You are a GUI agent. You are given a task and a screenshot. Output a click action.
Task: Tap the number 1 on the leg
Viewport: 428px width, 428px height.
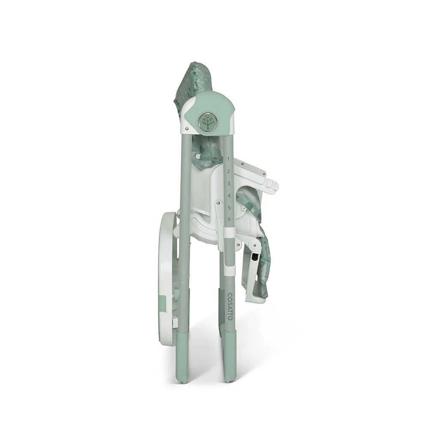[x=228, y=159]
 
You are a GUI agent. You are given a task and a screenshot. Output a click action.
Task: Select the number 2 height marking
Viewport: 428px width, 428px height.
[x=229, y=171]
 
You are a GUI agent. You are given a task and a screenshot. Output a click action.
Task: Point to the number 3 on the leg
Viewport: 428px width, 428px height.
[x=229, y=184]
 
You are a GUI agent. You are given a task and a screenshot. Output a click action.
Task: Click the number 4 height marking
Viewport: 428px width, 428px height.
[x=229, y=196]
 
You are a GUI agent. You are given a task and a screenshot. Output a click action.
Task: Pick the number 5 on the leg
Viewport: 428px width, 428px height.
[x=229, y=208]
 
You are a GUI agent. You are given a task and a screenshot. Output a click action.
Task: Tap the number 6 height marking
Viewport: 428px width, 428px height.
[x=229, y=220]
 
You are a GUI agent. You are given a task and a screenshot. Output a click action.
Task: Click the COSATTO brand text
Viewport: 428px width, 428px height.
[x=230, y=306]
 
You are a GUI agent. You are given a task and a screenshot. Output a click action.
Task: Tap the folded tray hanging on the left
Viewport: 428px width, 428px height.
[x=167, y=278]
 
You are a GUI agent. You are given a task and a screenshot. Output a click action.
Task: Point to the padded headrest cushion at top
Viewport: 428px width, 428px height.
[x=193, y=83]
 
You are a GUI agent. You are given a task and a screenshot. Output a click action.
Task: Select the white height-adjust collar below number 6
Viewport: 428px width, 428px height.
[x=229, y=234]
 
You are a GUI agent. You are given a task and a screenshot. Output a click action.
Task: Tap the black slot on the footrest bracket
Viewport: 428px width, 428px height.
[x=256, y=259]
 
